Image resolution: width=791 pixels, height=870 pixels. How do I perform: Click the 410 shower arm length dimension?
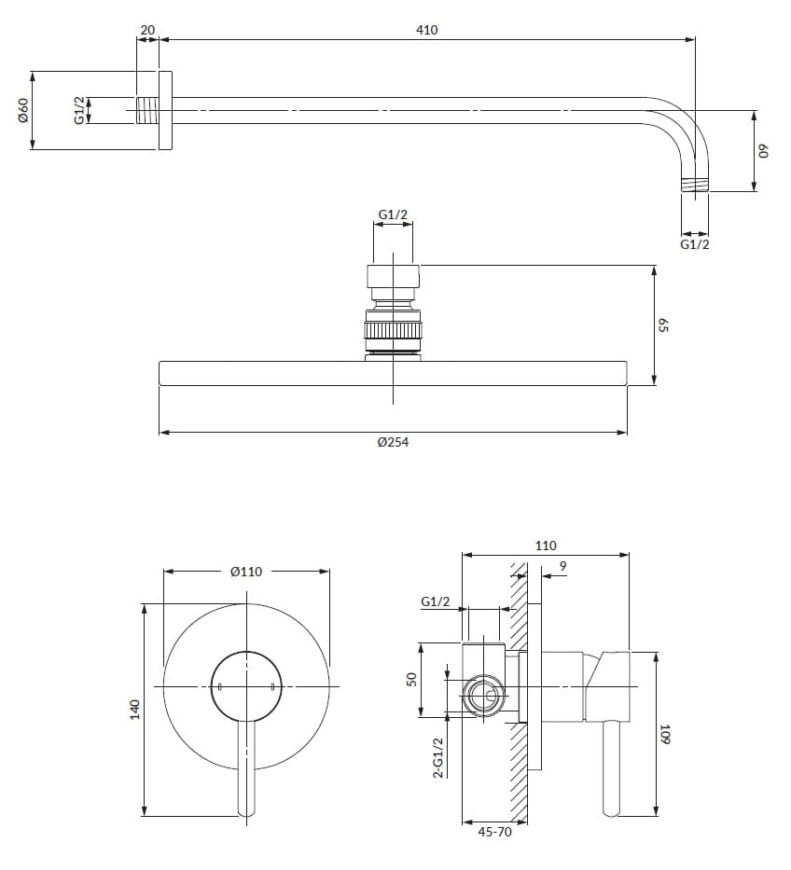[x=427, y=30]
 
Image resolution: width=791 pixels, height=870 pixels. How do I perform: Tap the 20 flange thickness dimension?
[x=147, y=30]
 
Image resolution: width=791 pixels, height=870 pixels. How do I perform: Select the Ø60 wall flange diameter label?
[x=24, y=110]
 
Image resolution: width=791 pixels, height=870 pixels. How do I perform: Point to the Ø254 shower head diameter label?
[x=393, y=443]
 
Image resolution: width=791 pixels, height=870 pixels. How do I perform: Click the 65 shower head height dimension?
[x=665, y=325]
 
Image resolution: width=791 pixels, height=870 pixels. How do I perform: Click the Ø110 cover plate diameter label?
[x=246, y=572]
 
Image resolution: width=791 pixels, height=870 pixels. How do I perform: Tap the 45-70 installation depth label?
[x=494, y=833]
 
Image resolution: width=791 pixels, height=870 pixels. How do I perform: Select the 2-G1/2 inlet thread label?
[x=438, y=757]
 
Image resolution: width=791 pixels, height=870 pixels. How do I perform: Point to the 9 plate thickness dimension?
[x=563, y=565]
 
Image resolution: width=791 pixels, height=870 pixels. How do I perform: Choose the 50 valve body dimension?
[x=410, y=680]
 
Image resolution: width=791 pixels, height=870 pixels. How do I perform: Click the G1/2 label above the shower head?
[x=393, y=215]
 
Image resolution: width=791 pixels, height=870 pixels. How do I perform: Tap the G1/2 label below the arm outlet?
[x=694, y=244]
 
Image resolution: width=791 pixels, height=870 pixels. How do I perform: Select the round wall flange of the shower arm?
[x=165, y=110]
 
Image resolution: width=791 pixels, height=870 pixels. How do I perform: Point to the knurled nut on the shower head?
[x=393, y=332]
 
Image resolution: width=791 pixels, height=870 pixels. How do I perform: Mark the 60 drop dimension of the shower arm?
[x=761, y=151]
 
